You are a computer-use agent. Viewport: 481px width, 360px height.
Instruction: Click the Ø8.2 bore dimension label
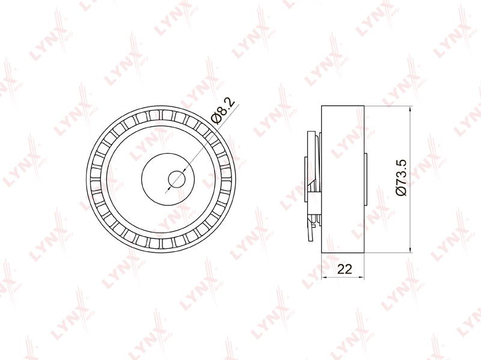(223, 111)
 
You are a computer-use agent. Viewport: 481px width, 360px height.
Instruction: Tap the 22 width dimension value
(345, 269)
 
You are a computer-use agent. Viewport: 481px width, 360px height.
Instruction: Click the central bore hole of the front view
(177, 179)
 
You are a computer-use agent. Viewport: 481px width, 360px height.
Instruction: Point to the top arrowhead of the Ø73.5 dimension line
(411, 109)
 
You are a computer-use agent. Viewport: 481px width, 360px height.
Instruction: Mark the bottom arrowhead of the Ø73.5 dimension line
(411, 249)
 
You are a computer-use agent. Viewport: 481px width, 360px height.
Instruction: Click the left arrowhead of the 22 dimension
(325, 278)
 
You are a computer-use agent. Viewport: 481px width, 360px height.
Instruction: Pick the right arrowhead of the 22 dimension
(361, 278)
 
